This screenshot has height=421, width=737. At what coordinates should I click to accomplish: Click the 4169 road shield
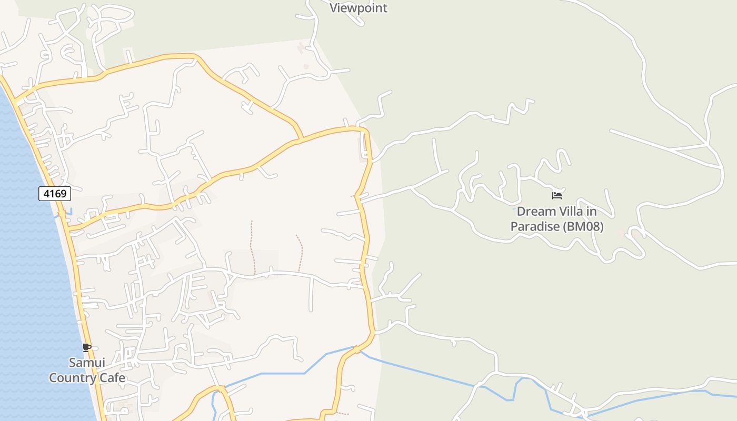pos(55,194)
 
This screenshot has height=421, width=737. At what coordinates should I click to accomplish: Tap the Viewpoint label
pos(358,8)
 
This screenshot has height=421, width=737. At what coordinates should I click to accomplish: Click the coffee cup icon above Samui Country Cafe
pos(87,347)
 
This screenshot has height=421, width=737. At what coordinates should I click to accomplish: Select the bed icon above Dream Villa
pos(557,196)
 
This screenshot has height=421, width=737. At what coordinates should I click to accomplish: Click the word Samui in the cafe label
pos(87,363)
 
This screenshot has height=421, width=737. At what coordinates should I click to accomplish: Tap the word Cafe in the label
pos(111,378)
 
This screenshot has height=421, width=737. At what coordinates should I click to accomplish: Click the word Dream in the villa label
pos(536,212)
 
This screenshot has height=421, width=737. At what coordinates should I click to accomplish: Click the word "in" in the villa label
pos(592,212)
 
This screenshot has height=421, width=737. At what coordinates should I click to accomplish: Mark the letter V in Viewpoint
pos(334,8)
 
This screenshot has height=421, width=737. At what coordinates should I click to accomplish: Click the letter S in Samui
pos(73,363)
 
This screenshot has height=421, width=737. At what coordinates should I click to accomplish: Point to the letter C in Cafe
pos(100,378)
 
